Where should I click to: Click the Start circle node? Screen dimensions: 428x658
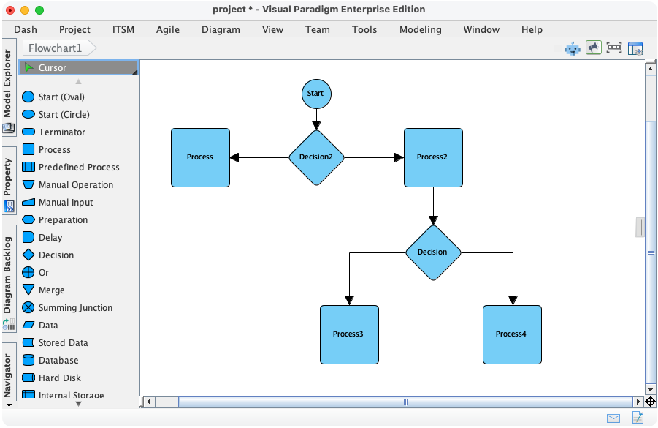(x=316, y=94)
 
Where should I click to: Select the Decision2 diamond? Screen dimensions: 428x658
(x=316, y=157)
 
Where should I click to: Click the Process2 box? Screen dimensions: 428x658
(x=433, y=157)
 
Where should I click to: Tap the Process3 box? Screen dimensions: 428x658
(x=349, y=334)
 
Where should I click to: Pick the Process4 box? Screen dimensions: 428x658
(x=512, y=334)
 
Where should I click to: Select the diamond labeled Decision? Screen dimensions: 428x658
(x=433, y=252)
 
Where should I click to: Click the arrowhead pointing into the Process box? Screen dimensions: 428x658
(x=235, y=157)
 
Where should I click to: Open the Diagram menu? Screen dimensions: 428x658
(x=220, y=30)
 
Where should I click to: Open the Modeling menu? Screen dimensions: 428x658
(x=420, y=30)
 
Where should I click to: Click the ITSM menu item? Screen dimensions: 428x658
(x=123, y=30)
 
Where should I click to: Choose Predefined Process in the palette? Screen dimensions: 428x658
(x=78, y=168)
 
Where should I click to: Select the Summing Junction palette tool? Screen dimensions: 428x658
(x=74, y=308)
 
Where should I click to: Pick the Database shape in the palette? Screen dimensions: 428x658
(x=58, y=361)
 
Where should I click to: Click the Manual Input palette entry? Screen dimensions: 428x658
(x=65, y=203)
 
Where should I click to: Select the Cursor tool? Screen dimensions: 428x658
(x=52, y=68)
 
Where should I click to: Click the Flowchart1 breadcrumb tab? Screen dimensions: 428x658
(x=56, y=48)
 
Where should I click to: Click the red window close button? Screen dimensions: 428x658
(x=10, y=10)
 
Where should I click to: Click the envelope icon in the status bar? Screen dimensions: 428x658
(x=613, y=418)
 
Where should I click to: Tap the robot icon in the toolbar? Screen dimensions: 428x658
(x=573, y=48)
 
